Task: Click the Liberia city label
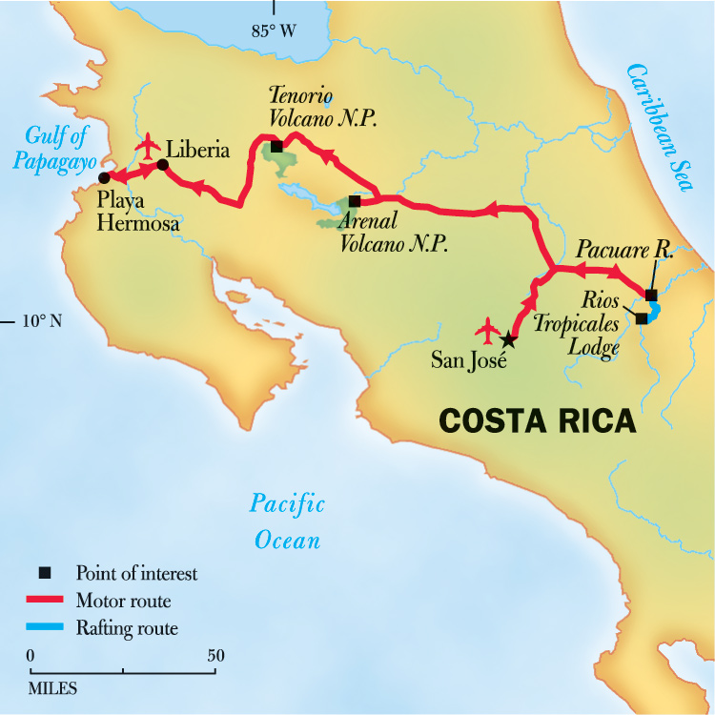click(197, 151)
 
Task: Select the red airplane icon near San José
click(488, 332)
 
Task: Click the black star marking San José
click(508, 339)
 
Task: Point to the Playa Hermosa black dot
click(104, 177)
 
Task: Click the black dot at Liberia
click(162, 166)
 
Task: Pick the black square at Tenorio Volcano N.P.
click(276, 147)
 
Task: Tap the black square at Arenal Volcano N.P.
click(354, 201)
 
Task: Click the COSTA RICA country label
click(536, 419)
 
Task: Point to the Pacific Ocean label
click(287, 521)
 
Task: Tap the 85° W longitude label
click(274, 31)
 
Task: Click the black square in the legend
click(43, 574)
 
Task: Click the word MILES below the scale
click(53, 687)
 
